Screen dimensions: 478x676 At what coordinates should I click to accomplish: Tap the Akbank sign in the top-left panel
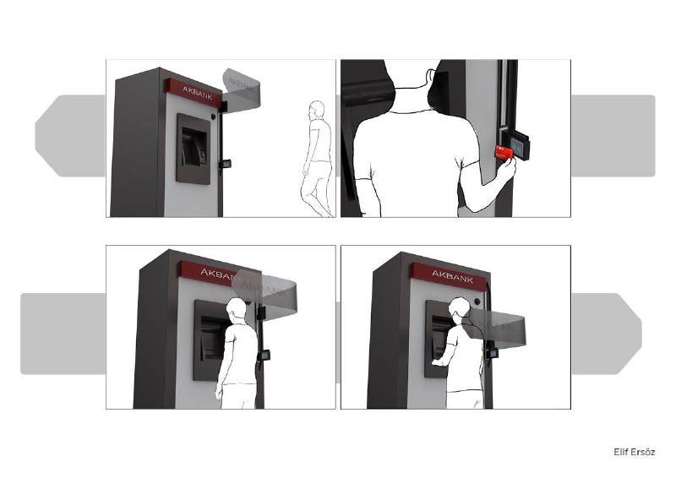195,92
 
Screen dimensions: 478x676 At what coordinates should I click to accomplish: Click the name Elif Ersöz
634,452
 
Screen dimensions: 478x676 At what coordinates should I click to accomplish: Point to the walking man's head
316,110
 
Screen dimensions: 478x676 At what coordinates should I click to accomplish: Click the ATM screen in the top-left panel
194,149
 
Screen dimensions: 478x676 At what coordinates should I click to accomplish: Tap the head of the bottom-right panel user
461,310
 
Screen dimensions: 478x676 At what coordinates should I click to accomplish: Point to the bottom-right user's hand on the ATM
436,361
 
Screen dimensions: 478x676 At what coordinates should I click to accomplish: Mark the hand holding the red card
506,171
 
